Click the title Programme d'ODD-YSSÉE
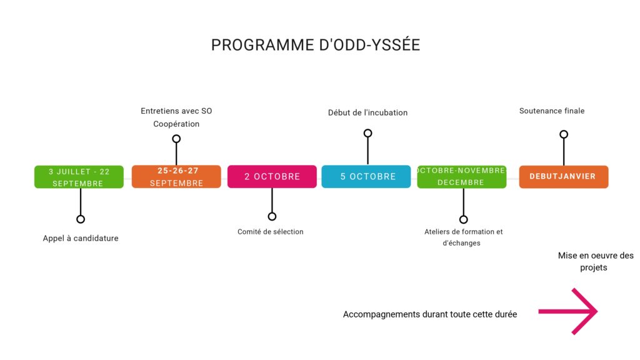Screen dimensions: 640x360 tap(316, 45)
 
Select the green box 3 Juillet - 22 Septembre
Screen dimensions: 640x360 tap(79, 177)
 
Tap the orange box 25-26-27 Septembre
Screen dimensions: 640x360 tap(176, 177)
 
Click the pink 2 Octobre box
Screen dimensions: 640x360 tap(272, 177)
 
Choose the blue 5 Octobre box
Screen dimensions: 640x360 tap(366, 177)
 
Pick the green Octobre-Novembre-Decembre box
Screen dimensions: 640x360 tap(462, 177)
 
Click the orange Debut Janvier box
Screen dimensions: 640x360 tap(564, 177)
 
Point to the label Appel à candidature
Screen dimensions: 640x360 tap(81, 238)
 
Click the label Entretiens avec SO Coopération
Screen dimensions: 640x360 tap(176, 117)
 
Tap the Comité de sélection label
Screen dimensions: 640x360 tap(270, 232)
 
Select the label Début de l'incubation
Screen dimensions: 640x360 tap(367, 112)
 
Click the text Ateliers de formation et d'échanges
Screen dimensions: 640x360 tap(463, 237)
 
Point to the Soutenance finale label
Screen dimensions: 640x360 tap(552, 111)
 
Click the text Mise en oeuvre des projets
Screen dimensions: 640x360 tap(596, 262)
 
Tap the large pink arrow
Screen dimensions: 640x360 tap(568, 311)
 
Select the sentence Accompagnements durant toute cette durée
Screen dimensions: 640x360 tap(430, 314)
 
